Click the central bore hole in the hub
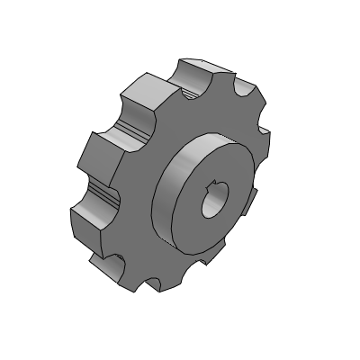click(213, 201)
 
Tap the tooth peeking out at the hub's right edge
click(253, 193)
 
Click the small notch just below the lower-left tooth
click(115, 262)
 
